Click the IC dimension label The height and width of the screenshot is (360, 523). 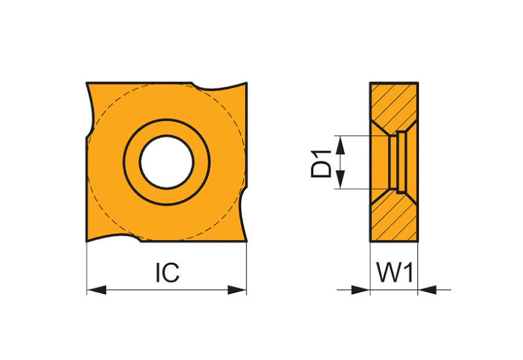pyautogui.click(x=167, y=273)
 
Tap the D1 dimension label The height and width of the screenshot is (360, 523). pyautogui.click(x=321, y=163)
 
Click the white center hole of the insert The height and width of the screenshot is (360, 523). pyautogui.click(x=166, y=161)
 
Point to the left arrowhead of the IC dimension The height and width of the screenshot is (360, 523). pyautogui.click(x=96, y=290)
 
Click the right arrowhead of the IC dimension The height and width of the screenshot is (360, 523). pyautogui.click(x=237, y=290)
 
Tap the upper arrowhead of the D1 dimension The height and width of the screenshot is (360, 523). pyautogui.click(x=340, y=145)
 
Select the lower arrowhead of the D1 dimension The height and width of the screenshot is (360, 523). pyautogui.click(x=340, y=179)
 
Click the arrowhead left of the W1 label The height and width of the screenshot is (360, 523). pyautogui.click(x=361, y=290)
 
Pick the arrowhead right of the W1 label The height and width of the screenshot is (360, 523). pyautogui.click(x=427, y=290)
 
